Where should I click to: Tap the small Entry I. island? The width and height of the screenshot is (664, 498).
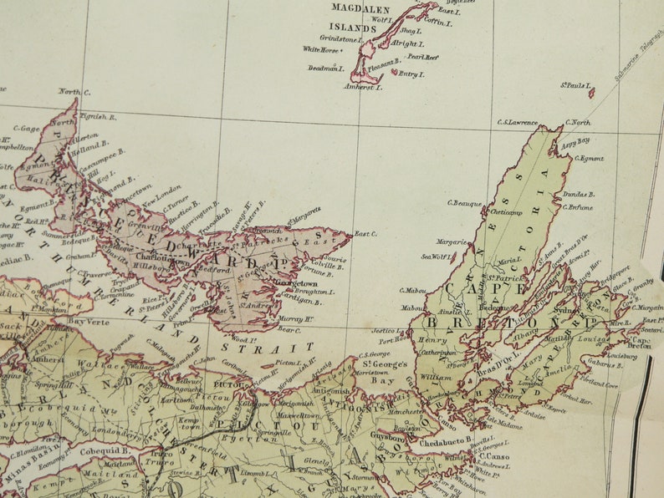click(x=393, y=72)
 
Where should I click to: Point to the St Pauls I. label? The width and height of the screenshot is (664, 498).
click(x=576, y=85)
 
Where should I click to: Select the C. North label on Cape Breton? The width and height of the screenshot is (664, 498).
click(x=576, y=123)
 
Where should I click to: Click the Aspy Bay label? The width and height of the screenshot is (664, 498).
click(x=577, y=141)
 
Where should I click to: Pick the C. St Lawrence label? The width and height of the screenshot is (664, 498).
click(x=517, y=123)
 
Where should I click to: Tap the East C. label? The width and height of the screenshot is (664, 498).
click(x=365, y=234)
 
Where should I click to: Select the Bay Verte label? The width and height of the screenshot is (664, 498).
click(x=89, y=320)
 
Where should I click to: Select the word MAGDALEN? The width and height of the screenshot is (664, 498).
click(x=360, y=8)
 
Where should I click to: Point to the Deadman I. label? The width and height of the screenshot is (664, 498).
click(x=326, y=69)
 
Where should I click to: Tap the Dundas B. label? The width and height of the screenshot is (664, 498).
click(x=578, y=194)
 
